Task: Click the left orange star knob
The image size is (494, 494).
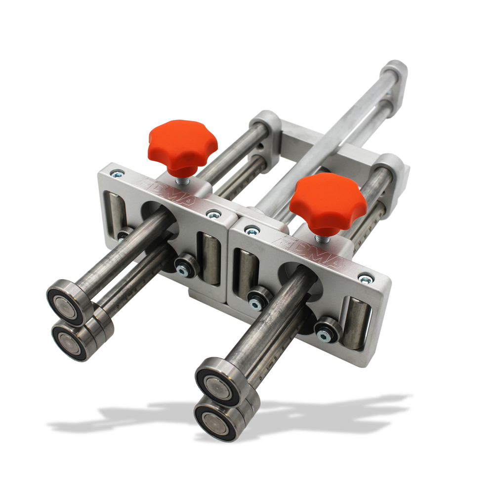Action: pyautogui.click(x=182, y=146)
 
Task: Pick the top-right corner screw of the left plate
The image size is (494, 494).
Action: pyautogui.click(x=213, y=214)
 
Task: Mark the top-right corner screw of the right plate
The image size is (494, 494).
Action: pyautogui.click(x=366, y=279)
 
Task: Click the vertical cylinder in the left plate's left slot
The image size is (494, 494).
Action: pyautogui.click(x=116, y=212)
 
